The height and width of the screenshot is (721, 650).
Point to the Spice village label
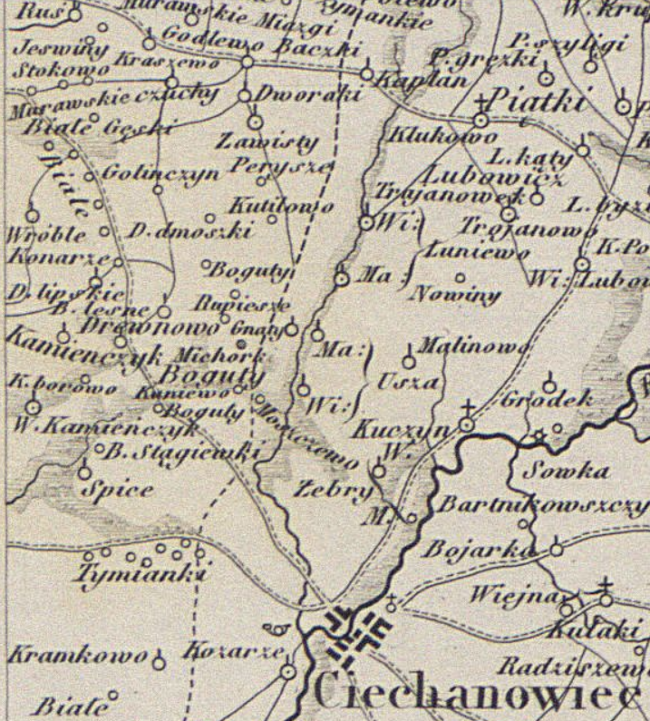[x=117, y=490]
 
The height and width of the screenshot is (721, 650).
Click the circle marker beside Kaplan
[x=367, y=73]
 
